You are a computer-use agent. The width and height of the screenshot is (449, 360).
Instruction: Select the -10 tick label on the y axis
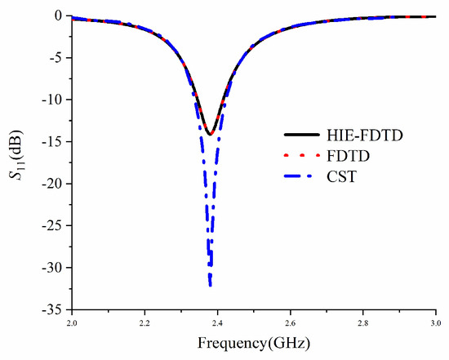click(54, 100)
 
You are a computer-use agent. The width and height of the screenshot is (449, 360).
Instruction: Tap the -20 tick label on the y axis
click(54, 184)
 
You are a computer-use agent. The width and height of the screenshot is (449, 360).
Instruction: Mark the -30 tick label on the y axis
click(54, 268)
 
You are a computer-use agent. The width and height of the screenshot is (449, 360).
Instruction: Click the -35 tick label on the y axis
click(54, 309)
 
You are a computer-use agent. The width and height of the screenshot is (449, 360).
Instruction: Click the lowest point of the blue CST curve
click(211, 285)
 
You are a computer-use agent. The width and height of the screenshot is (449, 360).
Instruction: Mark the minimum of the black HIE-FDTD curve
click(211, 135)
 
